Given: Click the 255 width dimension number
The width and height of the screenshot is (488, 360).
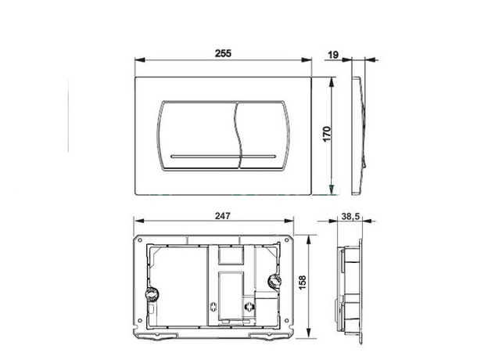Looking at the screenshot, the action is [223, 53].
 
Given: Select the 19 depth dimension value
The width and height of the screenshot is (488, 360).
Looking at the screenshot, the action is [333, 55].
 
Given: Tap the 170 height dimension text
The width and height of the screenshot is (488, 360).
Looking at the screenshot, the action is [326, 134].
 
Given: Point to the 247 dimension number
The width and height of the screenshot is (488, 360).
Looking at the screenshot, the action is [223, 216].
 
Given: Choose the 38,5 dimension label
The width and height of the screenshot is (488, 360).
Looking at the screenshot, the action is [350, 216].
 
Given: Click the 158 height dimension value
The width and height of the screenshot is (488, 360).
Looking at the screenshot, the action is [303, 283].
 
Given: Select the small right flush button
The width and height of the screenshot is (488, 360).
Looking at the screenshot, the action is [264, 135].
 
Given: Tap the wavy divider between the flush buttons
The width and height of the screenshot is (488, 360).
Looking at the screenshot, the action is [238, 135].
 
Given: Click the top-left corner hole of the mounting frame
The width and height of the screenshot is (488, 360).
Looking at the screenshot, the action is [140, 240].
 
